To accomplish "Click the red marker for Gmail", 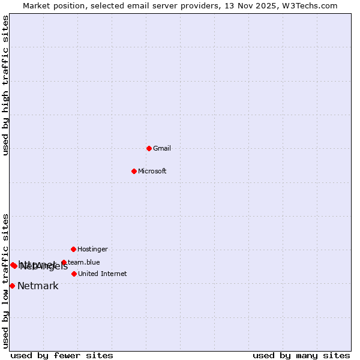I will click(149, 148).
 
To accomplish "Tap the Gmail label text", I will click(162, 149).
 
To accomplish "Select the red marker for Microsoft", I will click(134, 171).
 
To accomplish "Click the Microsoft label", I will click(152, 172).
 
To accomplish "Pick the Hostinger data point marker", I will click(73, 249).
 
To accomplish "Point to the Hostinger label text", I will click(92, 250).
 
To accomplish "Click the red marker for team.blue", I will click(64, 262).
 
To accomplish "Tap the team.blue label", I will click(84, 262).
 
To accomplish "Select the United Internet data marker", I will click(74, 274).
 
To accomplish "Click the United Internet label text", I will click(103, 274).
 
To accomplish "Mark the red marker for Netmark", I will click(12, 286).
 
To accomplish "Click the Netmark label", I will click(38, 286).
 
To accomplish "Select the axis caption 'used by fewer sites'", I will click(62, 356).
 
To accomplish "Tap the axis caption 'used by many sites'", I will click(301, 356).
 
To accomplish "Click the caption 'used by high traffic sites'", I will click(6, 85).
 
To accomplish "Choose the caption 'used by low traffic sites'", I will click(6, 281).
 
